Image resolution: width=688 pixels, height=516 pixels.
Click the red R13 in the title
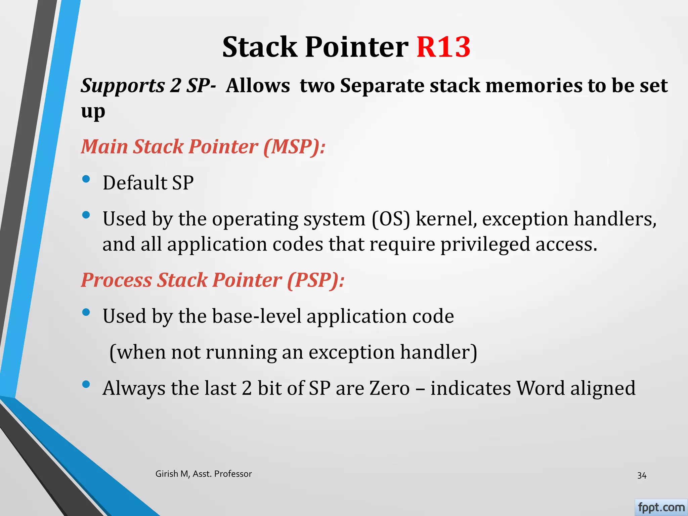[443, 47]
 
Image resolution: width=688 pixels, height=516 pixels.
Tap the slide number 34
[642, 475]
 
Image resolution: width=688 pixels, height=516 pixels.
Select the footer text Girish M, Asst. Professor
[204, 474]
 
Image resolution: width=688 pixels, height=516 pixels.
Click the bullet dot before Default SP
[86, 179]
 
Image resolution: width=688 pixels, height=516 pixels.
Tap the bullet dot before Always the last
[86, 384]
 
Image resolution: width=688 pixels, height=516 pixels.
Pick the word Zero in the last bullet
[390, 388]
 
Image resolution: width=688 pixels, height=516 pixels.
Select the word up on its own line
[93, 112]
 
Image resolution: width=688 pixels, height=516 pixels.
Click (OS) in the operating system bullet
[391, 219]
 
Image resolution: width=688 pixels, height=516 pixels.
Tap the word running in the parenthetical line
[241, 352]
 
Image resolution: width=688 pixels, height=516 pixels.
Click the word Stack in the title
[260, 47]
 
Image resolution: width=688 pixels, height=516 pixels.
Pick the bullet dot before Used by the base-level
[86, 312]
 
